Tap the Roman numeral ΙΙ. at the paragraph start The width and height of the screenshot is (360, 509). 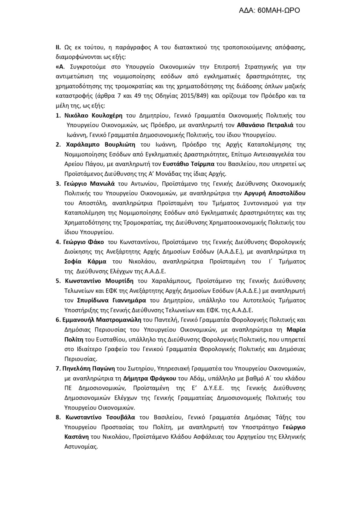coord(58,47)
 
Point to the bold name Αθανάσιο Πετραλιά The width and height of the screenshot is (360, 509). coord(265,125)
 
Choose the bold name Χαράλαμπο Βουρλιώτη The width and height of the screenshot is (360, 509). coord(100,145)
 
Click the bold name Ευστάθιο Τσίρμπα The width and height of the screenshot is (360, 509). coord(189,164)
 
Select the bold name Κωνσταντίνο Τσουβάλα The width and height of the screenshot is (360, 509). coord(100,417)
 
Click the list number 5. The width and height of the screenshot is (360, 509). coord(58,281)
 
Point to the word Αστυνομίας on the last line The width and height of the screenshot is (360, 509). coord(81,447)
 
